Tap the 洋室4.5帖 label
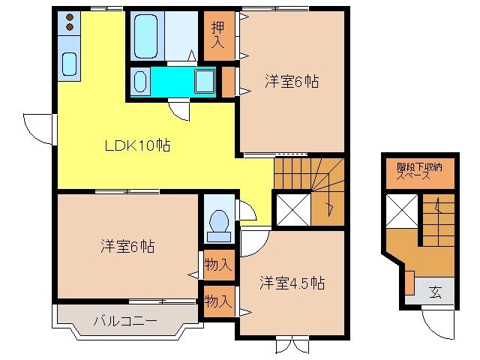[x=292, y=283]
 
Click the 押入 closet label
[x=217, y=35]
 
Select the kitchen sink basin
[x=70, y=64]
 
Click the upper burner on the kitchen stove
[x=69, y=16]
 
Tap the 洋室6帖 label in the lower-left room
[x=127, y=245]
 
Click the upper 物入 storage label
[x=217, y=264]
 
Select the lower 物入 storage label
[x=217, y=301]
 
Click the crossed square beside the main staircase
[x=290, y=209]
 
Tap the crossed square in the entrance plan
[x=401, y=208]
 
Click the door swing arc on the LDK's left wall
[x=37, y=124]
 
